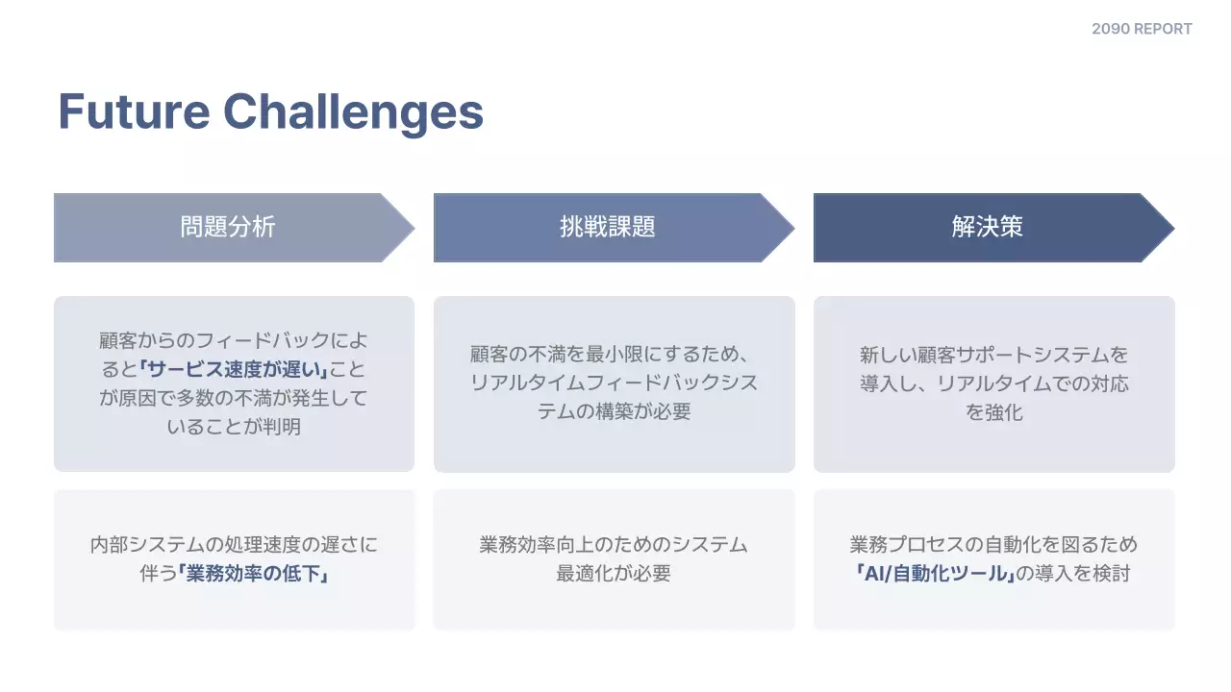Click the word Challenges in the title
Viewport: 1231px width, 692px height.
tap(353, 111)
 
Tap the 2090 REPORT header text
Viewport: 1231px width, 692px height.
tap(1142, 29)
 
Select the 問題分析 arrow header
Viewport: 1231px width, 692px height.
tap(228, 227)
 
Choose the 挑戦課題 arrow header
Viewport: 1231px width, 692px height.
tap(607, 227)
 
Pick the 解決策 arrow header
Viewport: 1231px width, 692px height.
tap(987, 227)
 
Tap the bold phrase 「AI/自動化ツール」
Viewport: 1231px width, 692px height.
tap(933, 574)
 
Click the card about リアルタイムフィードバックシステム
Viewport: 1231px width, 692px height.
tap(614, 383)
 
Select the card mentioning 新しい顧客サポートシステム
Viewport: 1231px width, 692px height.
tap(993, 383)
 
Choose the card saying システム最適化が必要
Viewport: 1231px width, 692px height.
tap(614, 559)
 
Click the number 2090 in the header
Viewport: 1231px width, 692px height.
tap(1111, 29)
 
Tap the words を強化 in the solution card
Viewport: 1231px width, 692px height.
tap(993, 412)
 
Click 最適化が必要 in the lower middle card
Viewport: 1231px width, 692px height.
tap(614, 574)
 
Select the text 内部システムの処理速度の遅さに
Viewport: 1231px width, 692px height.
tap(234, 545)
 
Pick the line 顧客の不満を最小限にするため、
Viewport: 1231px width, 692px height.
tap(614, 354)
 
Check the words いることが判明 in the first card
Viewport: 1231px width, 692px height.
tap(234, 427)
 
